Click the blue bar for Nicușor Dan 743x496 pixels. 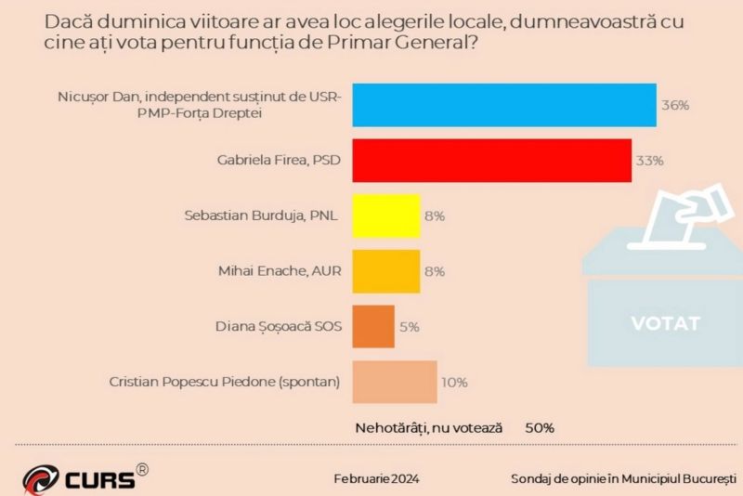pos(504,105)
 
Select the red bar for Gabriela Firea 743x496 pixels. pos(491,161)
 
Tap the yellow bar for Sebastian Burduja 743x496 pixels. pos(386,215)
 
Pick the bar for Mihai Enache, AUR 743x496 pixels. pos(386,271)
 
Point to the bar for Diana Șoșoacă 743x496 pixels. pos(373,327)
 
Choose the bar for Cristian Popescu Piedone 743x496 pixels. pos(394,382)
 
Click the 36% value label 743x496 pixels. pos(674,105)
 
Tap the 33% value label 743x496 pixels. pos(649,161)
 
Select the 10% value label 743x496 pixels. pos(454,382)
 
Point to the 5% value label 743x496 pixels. pos(410,327)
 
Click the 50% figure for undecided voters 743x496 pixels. pos(540,428)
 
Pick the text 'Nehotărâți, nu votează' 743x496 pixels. pos(429,428)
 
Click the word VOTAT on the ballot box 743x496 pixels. pos(665,324)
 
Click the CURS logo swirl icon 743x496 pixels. pos(41,479)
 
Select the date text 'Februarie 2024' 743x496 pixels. pos(376,479)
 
